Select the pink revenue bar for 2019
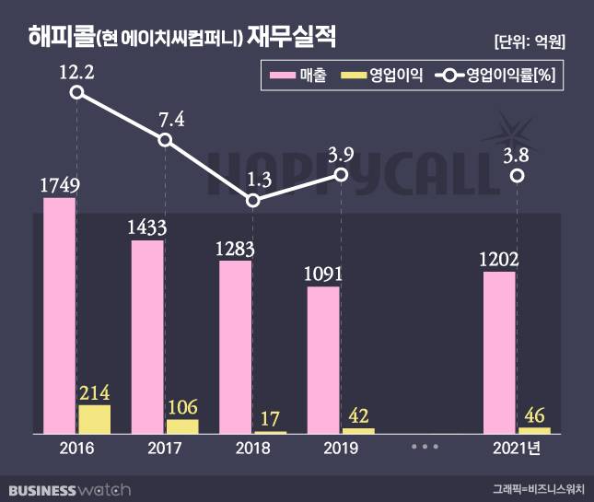click(323, 359)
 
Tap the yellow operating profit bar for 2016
click(94, 419)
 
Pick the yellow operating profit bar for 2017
click(182, 426)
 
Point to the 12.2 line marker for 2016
click(77, 92)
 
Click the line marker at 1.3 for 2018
click(254, 200)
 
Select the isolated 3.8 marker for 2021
click(518, 175)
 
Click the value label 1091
click(323, 274)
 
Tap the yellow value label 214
click(94, 393)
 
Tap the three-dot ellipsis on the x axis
click(425, 447)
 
